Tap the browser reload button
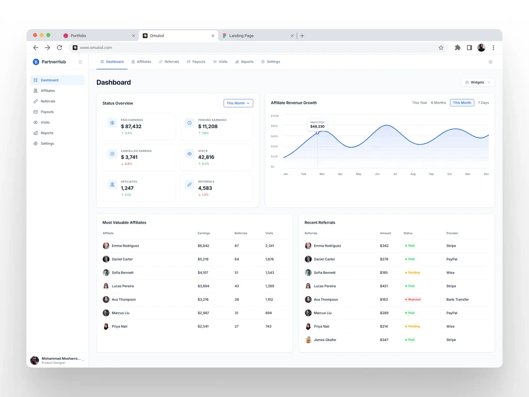point(59,48)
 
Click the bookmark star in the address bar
point(441,48)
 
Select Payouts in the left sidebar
point(47,112)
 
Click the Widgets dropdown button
point(478,82)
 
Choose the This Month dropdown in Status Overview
point(238,103)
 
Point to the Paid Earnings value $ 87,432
point(131,126)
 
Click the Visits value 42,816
point(206,157)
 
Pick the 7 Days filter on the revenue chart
point(483,103)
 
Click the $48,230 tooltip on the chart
point(318,125)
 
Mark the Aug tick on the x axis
point(413,174)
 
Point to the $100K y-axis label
point(275,116)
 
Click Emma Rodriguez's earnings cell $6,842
point(204,246)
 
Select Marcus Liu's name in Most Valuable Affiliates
point(120,313)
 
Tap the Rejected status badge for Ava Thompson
point(413,299)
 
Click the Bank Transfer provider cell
point(458,299)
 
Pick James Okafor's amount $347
point(384,340)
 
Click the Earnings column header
point(204,233)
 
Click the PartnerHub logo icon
point(36,62)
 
